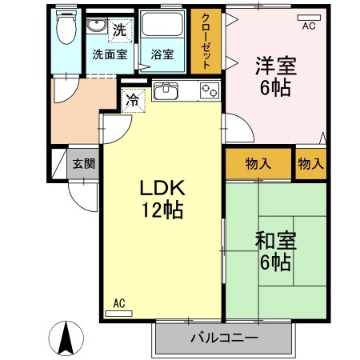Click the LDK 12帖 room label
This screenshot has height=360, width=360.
(x=162, y=198)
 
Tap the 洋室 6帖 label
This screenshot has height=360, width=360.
(x=276, y=76)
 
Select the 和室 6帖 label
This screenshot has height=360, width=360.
(x=273, y=250)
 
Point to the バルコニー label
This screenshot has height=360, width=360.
(x=223, y=338)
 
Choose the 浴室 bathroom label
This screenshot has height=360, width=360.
(x=162, y=55)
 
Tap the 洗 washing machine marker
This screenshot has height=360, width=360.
(x=119, y=30)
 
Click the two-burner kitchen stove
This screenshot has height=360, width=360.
(x=209, y=90)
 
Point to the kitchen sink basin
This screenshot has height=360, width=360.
(x=166, y=90)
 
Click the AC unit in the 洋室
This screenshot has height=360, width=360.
(x=308, y=18)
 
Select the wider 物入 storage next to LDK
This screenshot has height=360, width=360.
(x=258, y=163)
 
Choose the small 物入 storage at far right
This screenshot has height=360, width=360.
(x=310, y=163)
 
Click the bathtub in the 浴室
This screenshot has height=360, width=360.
(x=162, y=29)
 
